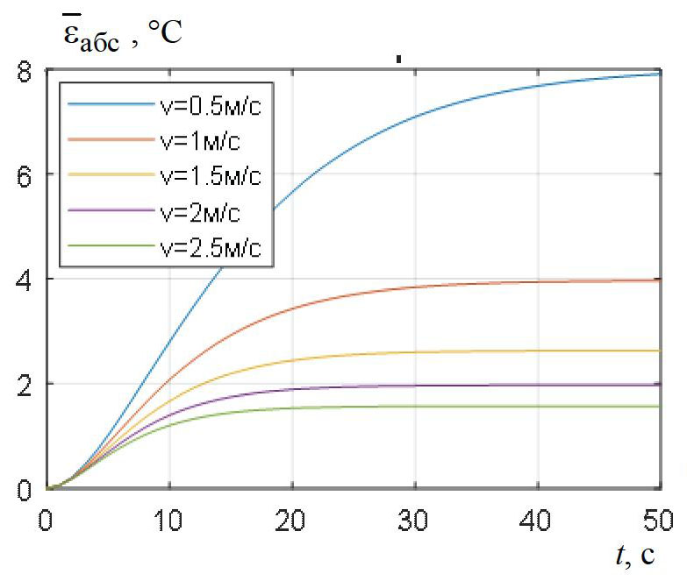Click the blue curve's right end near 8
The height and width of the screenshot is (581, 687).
point(657,74)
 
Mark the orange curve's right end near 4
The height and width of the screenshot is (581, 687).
point(657,280)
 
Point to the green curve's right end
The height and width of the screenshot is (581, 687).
point(657,407)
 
